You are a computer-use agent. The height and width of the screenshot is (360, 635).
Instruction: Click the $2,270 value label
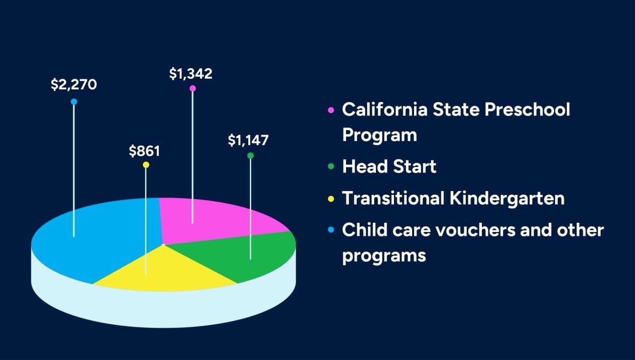click(74, 85)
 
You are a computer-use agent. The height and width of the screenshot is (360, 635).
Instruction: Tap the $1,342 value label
click(191, 74)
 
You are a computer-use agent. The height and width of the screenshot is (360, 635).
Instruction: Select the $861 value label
click(144, 151)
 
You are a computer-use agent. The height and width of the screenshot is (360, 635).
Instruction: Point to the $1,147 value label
click(248, 141)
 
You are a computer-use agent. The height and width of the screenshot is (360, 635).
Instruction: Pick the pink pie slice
click(220, 220)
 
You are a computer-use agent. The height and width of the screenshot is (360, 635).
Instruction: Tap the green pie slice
click(259, 254)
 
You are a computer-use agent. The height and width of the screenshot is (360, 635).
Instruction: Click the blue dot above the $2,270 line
click(74, 102)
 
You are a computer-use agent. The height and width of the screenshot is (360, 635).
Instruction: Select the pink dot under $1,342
click(193, 88)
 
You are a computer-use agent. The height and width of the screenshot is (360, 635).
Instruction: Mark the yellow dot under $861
click(146, 165)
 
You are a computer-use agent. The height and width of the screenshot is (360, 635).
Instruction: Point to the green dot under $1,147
click(250, 155)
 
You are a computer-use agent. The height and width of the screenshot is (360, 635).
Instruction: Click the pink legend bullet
click(331, 110)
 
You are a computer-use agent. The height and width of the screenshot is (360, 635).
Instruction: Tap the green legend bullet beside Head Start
click(331, 167)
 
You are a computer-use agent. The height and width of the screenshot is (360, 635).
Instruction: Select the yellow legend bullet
click(331, 199)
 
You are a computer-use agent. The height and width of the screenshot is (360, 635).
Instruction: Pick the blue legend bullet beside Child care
click(331, 230)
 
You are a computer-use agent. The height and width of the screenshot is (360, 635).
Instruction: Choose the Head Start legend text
click(389, 167)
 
